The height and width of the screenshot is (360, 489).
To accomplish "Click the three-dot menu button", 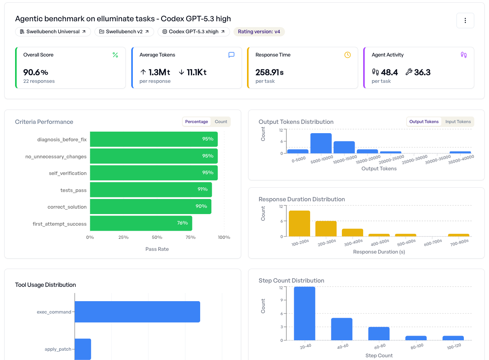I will [x=465, y=21].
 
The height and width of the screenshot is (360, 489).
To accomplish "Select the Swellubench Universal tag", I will [x=53, y=32].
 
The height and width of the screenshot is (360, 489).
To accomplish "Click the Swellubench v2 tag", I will [x=124, y=32].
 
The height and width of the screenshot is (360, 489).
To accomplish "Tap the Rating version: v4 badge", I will [x=259, y=32].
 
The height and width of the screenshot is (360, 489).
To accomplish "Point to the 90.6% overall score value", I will [x=36, y=72].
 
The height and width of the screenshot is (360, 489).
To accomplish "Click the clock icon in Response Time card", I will [x=347, y=55].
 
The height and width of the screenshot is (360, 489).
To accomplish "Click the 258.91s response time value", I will [x=269, y=72].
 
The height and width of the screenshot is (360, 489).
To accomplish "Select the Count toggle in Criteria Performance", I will [x=221, y=122].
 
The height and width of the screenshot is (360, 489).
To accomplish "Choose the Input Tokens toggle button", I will [x=458, y=122].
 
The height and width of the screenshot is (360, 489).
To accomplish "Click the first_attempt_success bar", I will [x=141, y=223].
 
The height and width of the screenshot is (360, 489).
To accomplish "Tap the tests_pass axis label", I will [x=73, y=190].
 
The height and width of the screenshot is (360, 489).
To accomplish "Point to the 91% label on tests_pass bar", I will [x=202, y=189].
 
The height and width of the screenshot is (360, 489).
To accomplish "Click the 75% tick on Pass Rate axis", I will [x=190, y=237].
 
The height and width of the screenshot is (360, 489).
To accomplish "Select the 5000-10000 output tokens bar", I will [x=321, y=143].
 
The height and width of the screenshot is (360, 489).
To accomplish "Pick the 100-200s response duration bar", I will [x=299, y=223].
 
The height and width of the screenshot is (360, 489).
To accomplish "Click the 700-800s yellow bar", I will [x=458, y=235].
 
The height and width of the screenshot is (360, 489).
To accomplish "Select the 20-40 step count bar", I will [x=304, y=313].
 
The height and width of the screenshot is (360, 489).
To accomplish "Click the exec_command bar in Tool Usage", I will [x=137, y=312].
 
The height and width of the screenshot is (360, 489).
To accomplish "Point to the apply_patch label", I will [x=58, y=349].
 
